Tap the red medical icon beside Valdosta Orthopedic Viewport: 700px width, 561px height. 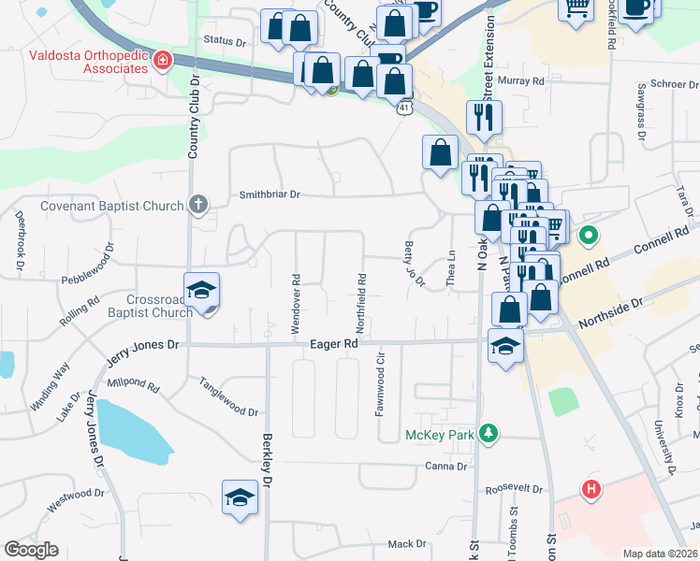click(x=164, y=61)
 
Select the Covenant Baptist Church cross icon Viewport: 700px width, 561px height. click(x=197, y=204)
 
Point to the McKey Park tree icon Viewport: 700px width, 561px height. click(x=487, y=433)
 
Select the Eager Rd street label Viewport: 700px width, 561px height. click(x=334, y=344)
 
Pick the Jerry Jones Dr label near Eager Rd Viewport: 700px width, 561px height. click(x=139, y=344)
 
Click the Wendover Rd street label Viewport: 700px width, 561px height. click(x=296, y=305)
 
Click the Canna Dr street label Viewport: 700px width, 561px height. click(x=445, y=466)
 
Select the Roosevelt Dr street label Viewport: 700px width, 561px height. click(x=514, y=489)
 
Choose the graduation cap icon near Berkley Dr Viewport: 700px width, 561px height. click(x=240, y=496)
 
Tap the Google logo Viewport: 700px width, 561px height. click(x=32, y=550)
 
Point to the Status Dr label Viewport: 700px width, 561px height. click(x=224, y=42)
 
